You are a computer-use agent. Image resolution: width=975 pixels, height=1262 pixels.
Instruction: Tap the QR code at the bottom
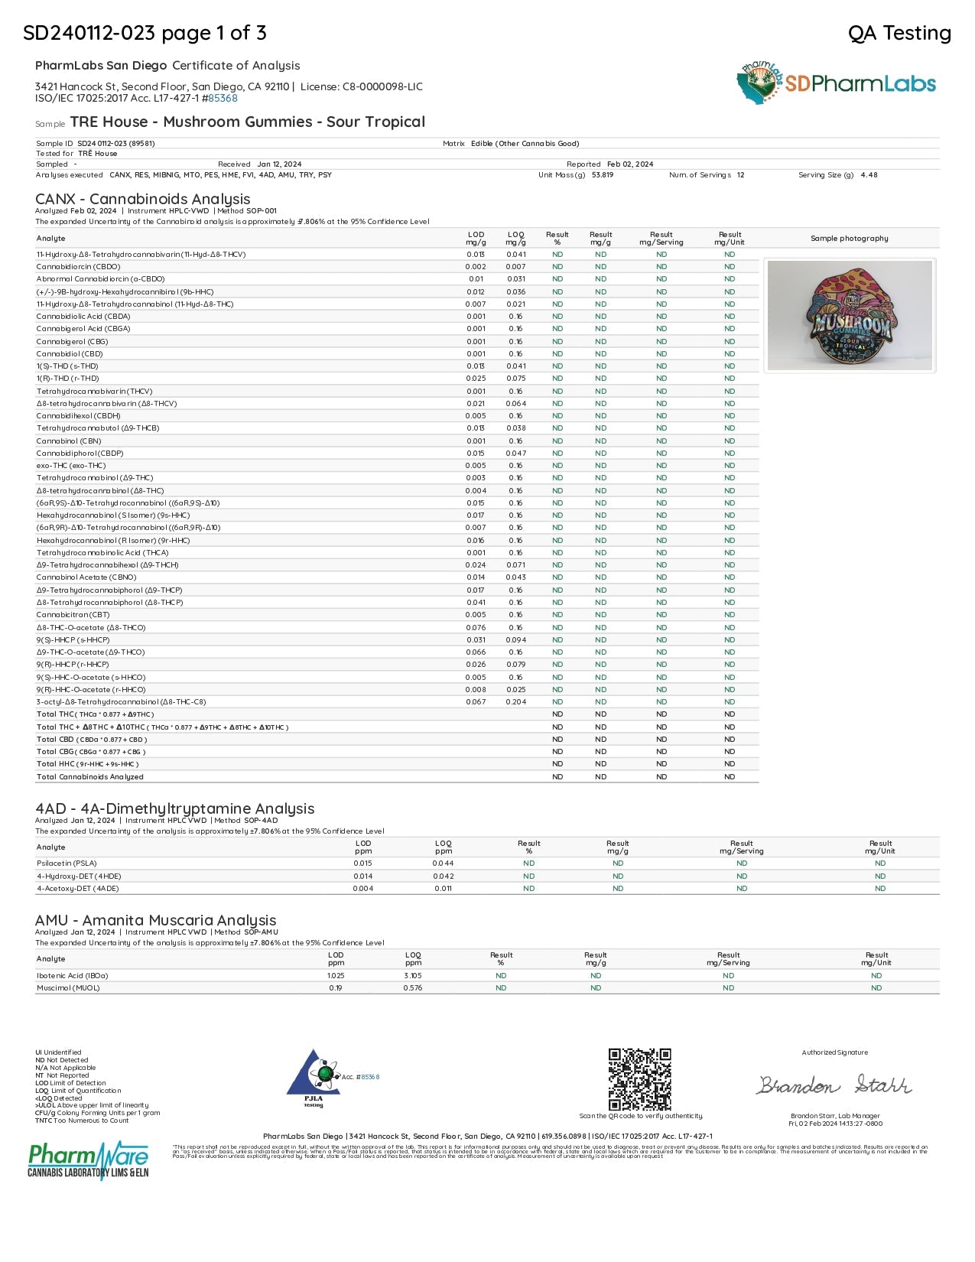click(639, 1079)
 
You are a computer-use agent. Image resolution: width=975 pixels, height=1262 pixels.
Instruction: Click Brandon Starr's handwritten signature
click(834, 1085)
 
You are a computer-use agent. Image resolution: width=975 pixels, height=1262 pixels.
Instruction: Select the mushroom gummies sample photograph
click(849, 316)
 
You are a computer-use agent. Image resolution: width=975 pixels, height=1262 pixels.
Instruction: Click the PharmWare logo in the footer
click(88, 1160)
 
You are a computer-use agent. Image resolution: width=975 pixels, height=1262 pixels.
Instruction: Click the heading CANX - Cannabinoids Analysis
click(143, 199)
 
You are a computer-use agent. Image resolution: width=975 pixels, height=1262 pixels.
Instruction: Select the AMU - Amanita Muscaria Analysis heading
click(156, 920)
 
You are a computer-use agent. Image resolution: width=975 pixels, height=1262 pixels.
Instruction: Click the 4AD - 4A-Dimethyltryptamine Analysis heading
click(175, 808)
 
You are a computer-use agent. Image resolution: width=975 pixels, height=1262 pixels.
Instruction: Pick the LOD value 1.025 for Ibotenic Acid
click(336, 975)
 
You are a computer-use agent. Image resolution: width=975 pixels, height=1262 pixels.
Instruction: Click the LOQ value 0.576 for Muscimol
click(413, 987)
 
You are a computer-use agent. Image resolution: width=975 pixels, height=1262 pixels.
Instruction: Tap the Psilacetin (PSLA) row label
click(67, 864)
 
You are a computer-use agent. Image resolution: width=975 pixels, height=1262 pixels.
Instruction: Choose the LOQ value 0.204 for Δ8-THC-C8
click(516, 701)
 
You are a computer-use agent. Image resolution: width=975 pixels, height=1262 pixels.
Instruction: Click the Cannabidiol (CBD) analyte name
click(70, 353)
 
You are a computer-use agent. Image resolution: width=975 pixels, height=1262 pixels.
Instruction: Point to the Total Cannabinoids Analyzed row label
click(90, 776)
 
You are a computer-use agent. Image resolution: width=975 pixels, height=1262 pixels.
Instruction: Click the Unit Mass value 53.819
click(603, 175)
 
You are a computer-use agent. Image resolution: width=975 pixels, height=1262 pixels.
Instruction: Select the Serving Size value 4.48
click(869, 175)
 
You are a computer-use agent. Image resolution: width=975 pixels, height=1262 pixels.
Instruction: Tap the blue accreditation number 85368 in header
click(223, 98)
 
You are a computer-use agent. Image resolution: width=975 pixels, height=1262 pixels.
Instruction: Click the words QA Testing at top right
click(899, 33)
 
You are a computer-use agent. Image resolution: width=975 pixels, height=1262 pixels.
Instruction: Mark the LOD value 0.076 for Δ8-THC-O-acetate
click(476, 627)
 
